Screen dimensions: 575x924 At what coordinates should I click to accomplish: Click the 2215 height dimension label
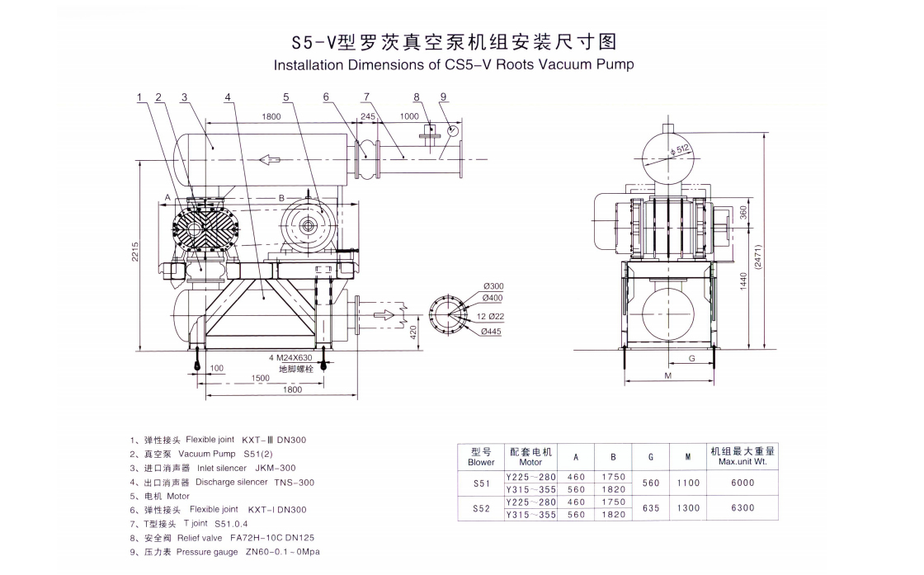point(134,252)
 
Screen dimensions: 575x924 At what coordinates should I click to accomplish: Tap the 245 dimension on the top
point(367,116)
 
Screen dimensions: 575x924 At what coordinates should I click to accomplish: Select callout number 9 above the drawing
point(443,97)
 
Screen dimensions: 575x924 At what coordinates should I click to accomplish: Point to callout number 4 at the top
point(227,97)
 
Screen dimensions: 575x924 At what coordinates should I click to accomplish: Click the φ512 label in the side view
point(681,149)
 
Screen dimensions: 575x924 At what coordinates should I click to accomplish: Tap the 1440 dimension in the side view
point(743,280)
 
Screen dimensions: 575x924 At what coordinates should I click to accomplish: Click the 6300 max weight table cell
point(742,507)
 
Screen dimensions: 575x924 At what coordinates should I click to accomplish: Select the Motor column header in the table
point(530,462)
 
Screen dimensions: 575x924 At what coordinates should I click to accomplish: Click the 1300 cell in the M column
point(687,507)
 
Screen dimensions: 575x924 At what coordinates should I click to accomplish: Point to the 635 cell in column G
point(651,507)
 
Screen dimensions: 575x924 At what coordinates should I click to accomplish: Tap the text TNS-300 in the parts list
point(296,482)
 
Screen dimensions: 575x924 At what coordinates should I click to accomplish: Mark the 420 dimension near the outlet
point(412,332)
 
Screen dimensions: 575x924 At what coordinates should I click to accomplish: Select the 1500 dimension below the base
point(261,378)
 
